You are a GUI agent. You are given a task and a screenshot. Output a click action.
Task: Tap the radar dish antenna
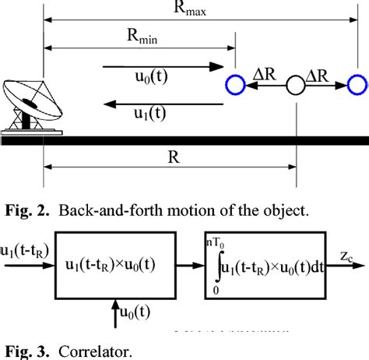click(x=28, y=104)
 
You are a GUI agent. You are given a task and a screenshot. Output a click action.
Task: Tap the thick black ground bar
click(x=184, y=140)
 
